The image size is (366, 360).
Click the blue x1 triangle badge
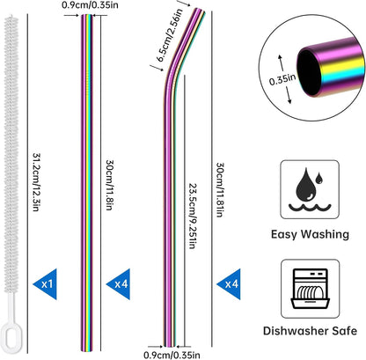coord(47,283)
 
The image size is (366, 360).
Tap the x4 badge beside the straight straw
coord(121,283)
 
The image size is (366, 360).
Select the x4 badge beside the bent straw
coord(231,283)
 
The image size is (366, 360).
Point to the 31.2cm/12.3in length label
coord(36,182)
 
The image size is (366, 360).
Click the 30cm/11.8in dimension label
coord(109,185)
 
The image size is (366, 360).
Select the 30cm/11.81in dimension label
coord(220,189)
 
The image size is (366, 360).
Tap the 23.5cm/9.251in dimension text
coord(192,217)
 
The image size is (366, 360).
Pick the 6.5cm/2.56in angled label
coord(170,35)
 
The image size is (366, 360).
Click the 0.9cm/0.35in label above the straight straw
coord(91,5)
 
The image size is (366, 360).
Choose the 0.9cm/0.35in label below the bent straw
coord(172,355)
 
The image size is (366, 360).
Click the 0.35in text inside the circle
coord(282,79)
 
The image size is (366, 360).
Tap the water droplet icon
coord(310,189)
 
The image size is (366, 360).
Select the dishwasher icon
coord(311,289)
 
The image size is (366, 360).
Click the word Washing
coord(326,234)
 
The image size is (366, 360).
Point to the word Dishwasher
coord(296,331)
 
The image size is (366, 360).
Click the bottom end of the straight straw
coord(86,349)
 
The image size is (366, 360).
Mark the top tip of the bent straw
coord(200,10)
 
